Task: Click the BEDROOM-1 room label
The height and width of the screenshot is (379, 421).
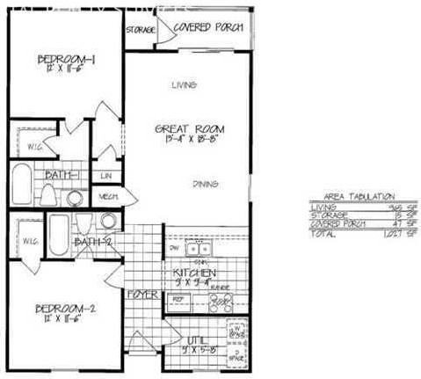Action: pos(65,60)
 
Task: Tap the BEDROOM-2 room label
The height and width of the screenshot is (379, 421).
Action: pos(65,309)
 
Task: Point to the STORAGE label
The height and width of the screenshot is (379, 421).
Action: pos(141,30)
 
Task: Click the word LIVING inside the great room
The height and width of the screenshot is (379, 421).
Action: pos(183,84)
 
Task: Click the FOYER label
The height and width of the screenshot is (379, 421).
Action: pos(142,294)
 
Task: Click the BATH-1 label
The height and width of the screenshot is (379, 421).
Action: pos(62,176)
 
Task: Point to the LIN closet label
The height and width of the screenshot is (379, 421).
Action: pos(105,176)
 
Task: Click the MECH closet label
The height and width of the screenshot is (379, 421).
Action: pos(109,196)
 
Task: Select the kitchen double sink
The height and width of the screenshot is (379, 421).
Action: pos(198,249)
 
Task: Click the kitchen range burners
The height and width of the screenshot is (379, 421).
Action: pos(220,302)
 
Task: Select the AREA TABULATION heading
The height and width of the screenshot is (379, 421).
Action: pos(352,196)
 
